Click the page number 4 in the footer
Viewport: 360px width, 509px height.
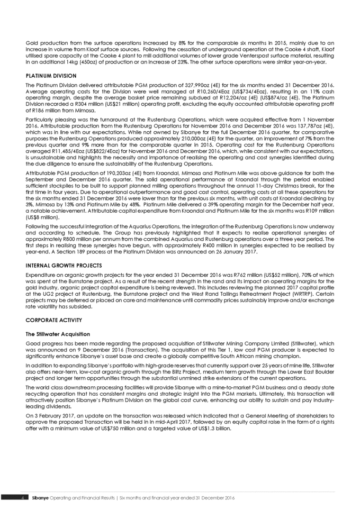click(x=21, y=498)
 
